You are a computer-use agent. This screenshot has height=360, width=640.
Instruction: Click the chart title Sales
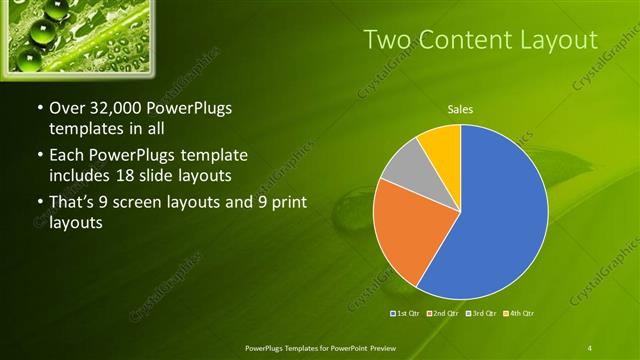click(x=460, y=109)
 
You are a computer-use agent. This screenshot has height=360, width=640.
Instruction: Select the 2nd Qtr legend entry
click(x=444, y=314)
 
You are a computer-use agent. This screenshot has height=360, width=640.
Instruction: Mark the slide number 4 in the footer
click(x=590, y=347)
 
